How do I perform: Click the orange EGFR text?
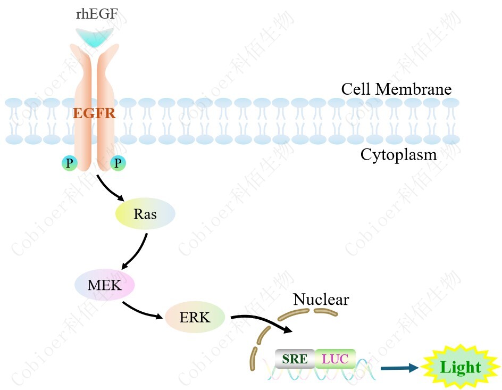point(94,113)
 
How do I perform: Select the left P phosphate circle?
point(69,163)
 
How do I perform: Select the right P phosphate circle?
point(118,163)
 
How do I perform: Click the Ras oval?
point(145,214)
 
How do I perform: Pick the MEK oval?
point(105,285)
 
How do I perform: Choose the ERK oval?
point(195,318)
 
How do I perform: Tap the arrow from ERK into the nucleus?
point(261,321)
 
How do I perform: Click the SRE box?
point(295,359)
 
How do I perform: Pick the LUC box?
point(335,359)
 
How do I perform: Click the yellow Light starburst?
point(461,367)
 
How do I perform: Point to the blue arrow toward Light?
point(399,367)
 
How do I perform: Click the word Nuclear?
point(321,300)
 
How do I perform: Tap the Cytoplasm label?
point(398,155)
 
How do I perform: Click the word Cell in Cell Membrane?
point(356,89)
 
